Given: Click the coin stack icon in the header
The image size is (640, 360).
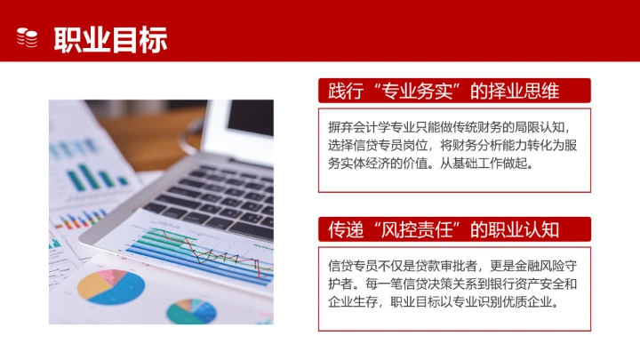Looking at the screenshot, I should click(x=28, y=37).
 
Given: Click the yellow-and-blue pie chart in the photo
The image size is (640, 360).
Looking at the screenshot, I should click(x=110, y=284).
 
